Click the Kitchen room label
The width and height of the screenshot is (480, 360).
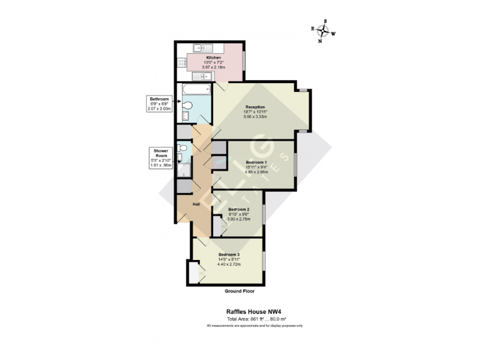click(214, 57)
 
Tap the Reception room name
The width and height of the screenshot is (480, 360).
click(255, 107)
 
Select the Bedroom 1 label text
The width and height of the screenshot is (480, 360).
click(256, 162)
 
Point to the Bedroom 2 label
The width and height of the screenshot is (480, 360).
click(239, 209)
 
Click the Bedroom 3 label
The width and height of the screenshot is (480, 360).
click(229, 254)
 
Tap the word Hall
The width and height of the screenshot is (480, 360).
click(196, 204)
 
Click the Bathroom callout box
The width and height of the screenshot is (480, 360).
click(159, 104)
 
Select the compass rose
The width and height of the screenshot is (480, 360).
click(323, 31)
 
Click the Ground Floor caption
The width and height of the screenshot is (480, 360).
click(239, 291)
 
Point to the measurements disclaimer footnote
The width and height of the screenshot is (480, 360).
click(255, 326)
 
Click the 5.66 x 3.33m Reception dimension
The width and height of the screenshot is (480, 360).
click(255, 117)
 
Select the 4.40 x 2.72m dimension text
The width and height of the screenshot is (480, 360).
click(230, 264)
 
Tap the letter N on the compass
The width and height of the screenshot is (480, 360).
click(321, 41)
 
